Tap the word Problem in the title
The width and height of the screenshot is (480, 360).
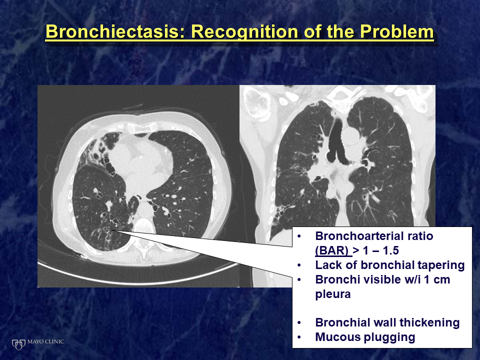coord(396,31)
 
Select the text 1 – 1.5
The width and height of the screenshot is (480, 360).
coord(381,250)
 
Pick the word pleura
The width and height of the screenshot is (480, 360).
coord(333,294)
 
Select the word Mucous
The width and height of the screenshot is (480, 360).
coord(336,337)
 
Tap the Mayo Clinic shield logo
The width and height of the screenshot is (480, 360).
coord(18,344)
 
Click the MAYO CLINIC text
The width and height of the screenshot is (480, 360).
coord(45,341)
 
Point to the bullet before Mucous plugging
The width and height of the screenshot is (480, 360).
coord(299,337)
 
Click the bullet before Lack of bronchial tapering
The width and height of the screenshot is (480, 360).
coord(299,265)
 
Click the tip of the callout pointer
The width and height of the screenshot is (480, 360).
coord(112,230)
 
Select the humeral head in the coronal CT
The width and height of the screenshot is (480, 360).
coord(257,103)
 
